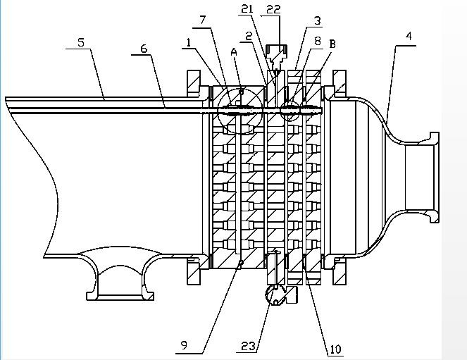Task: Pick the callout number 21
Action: pos(247,8)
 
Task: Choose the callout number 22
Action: pos(271,8)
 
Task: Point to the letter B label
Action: pos(331,44)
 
